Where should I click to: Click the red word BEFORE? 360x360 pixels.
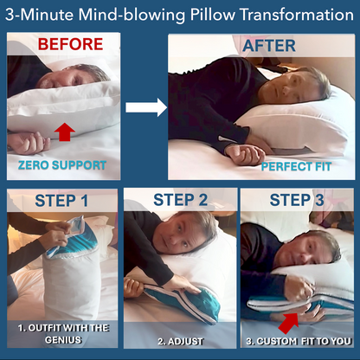coord(70,44)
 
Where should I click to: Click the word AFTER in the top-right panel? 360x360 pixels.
coord(269,46)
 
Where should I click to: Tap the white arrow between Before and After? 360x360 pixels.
coord(146,107)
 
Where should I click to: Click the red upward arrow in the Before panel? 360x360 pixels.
coord(65,132)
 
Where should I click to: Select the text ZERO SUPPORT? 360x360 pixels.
coord(62,165)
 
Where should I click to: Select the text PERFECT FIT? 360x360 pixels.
coord(296,167)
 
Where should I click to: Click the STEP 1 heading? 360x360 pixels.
coord(61,201)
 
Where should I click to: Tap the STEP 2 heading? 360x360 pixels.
coord(181,200)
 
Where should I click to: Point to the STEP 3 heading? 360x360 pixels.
coord(297,200)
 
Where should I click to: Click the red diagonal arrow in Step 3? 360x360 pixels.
coord(288,323)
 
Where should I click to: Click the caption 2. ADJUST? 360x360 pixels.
coord(180,342)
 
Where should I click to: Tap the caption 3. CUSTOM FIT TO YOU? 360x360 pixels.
coord(299,341)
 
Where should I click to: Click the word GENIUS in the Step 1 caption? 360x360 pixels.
coord(63,340)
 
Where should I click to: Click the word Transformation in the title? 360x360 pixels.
coord(297,15)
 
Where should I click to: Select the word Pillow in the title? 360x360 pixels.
coord(213,15)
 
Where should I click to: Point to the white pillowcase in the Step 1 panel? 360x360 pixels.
coord(72,284)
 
